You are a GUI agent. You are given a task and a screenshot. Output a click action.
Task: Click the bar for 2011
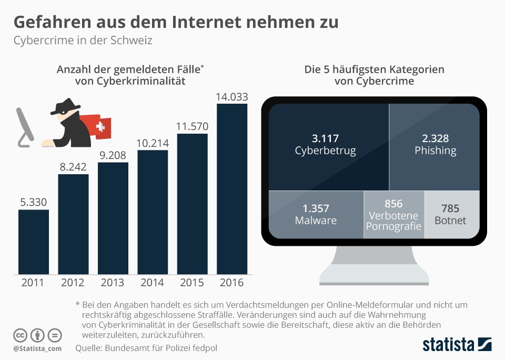34,242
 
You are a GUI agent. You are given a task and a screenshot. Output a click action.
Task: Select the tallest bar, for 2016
232,189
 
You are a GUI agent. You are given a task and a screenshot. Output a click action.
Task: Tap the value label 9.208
113,155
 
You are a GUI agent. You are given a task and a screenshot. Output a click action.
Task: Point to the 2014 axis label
152,283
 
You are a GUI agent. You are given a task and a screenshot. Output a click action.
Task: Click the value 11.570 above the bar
193,126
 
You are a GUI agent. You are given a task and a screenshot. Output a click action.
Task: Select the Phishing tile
435,147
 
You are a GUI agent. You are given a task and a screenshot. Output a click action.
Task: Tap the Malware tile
316,215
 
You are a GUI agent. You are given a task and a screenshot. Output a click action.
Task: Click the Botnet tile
452,215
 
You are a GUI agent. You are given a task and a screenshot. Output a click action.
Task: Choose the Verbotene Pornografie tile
394,215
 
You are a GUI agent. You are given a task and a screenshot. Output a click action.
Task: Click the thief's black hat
65,106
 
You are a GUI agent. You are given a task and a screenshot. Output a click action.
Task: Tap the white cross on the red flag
100,127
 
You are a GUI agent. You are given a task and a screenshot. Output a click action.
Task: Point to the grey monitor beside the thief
25,127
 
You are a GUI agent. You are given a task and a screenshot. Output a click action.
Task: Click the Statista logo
457,344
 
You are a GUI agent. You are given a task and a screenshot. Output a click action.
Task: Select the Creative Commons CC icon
20,335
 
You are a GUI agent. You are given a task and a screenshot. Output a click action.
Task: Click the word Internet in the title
206,22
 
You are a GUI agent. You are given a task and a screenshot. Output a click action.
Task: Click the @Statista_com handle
37,349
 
